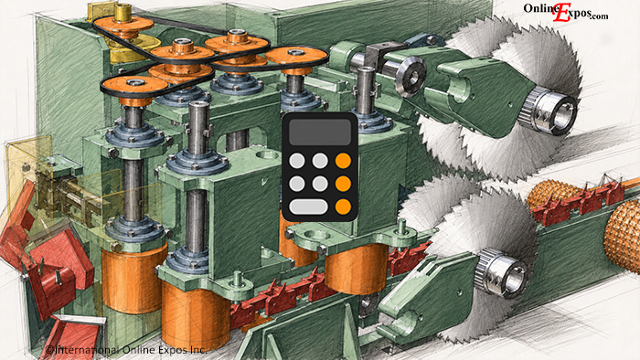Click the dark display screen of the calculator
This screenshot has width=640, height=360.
pyautogui.click(x=320, y=132)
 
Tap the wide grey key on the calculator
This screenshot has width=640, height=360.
pyautogui.click(x=308, y=206)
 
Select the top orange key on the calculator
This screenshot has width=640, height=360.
pyautogui.click(x=343, y=161)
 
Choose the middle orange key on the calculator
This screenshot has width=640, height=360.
pyautogui.click(x=343, y=184)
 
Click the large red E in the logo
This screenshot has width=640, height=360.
pyautogui.click(x=562, y=12)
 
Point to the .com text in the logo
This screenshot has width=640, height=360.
pyautogui.click(x=600, y=16)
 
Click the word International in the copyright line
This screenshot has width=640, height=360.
pyautogui.click(x=87, y=349)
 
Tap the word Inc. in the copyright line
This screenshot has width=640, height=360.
pyautogui.click(x=198, y=350)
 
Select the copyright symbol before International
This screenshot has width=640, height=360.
pyautogui.click(x=49, y=350)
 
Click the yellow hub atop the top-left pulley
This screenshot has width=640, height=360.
pyautogui.click(x=123, y=13)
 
